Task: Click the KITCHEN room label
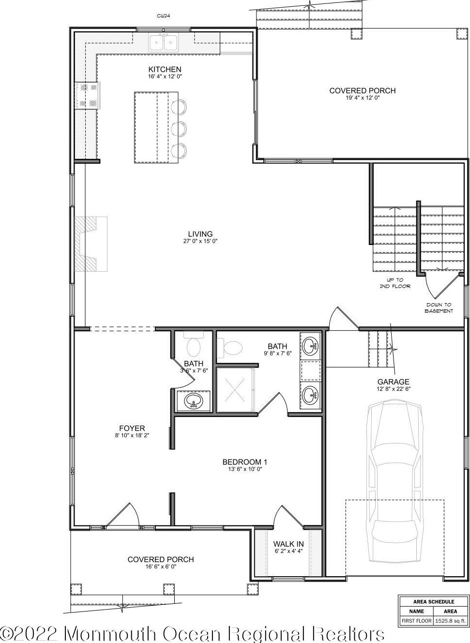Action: (165, 69)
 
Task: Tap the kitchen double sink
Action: (163, 43)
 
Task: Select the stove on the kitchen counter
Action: (88, 95)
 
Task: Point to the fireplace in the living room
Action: (91, 244)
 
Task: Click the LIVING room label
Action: (200, 234)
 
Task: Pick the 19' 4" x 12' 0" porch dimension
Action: (363, 98)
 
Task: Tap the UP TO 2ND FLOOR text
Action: (395, 283)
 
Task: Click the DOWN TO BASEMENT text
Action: (439, 308)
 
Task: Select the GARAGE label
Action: (393, 382)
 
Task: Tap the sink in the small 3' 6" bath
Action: (194, 401)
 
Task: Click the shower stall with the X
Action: (235, 390)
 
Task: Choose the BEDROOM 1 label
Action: (245, 462)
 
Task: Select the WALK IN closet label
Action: (288, 544)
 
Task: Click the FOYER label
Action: (132, 429)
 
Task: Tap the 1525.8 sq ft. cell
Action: (450, 620)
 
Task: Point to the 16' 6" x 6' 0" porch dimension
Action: (161, 566)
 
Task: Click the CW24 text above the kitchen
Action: (164, 16)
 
